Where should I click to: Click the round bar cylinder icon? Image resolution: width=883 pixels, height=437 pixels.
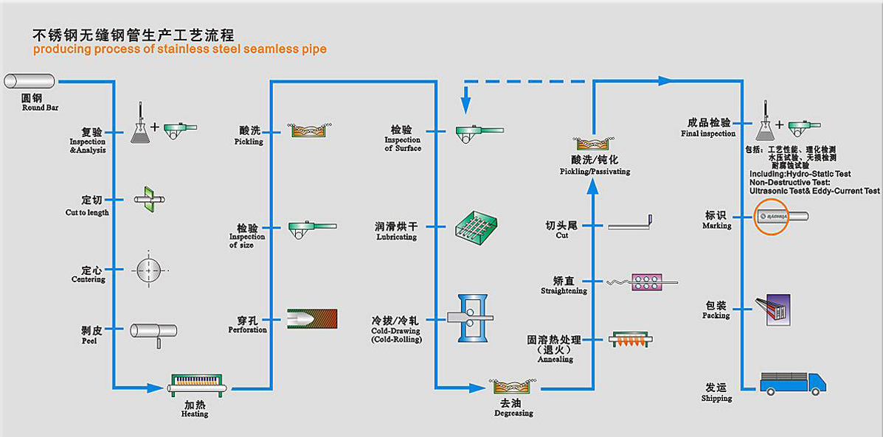click(30, 81)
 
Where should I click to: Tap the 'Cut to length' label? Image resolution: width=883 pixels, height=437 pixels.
click(87, 212)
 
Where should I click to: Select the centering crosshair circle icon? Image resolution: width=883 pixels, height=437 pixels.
click(148, 270)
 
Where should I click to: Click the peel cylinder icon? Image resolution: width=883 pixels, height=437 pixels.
click(153, 332)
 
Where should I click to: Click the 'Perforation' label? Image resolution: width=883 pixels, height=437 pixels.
click(248, 329)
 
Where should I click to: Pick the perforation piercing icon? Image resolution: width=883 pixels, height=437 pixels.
click(311, 318)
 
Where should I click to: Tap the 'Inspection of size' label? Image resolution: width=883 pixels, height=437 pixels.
click(246, 241)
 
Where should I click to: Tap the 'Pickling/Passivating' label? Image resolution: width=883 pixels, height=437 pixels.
click(595, 172)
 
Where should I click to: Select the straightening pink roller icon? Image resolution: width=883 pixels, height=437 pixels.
click(646, 282)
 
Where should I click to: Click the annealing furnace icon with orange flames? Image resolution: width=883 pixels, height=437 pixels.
click(631, 340)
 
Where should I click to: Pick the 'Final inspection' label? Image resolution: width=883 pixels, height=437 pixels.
click(708, 133)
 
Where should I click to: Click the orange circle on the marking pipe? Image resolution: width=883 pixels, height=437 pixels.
click(771, 217)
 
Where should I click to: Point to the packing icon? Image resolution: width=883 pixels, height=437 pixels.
click(772, 307)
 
